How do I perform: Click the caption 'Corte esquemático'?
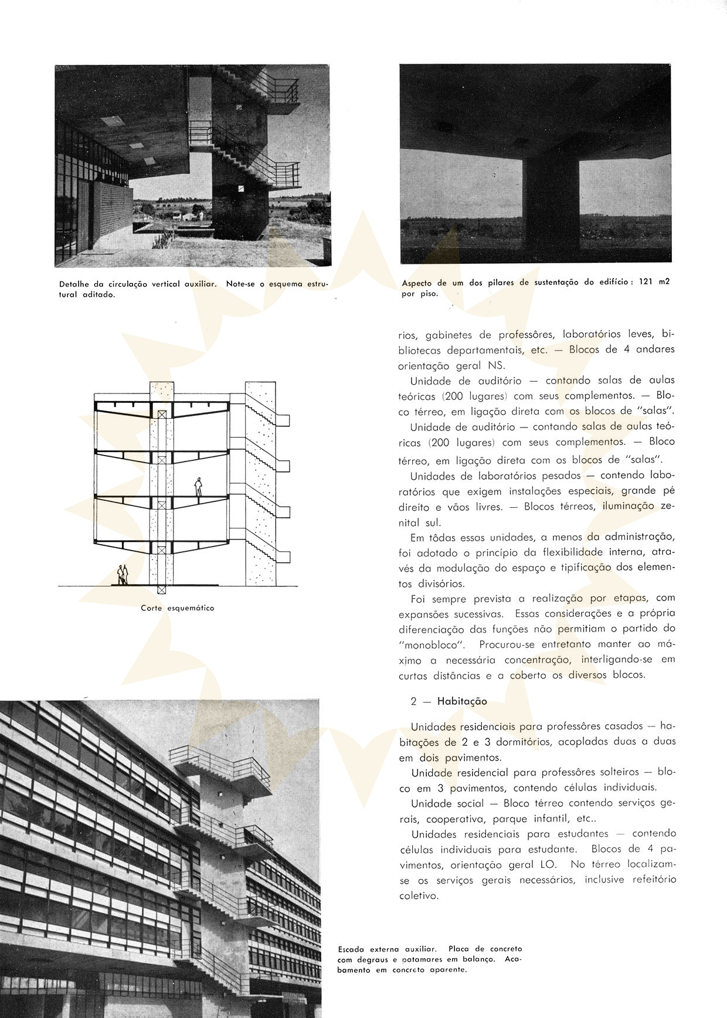[x=177, y=608]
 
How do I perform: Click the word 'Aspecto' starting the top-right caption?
[x=416, y=283]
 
